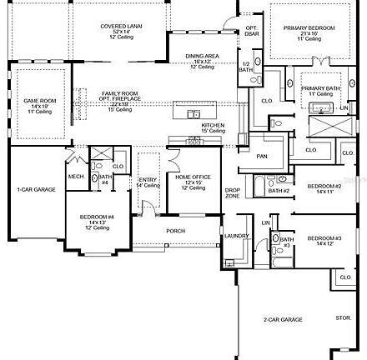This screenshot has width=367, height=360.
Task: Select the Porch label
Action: tap(176, 231)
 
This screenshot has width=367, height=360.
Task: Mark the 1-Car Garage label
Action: tap(37, 189)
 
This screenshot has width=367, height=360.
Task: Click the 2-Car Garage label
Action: tap(283, 320)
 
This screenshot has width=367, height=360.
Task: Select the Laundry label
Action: tap(236, 236)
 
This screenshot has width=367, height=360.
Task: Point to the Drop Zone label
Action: tap(233, 192)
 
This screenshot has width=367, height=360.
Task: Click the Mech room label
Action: tap(76, 177)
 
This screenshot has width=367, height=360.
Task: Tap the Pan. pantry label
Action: tap(262, 156)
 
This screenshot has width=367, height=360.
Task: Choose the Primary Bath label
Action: tap(318, 88)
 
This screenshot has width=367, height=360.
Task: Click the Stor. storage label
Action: tap(344, 317)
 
